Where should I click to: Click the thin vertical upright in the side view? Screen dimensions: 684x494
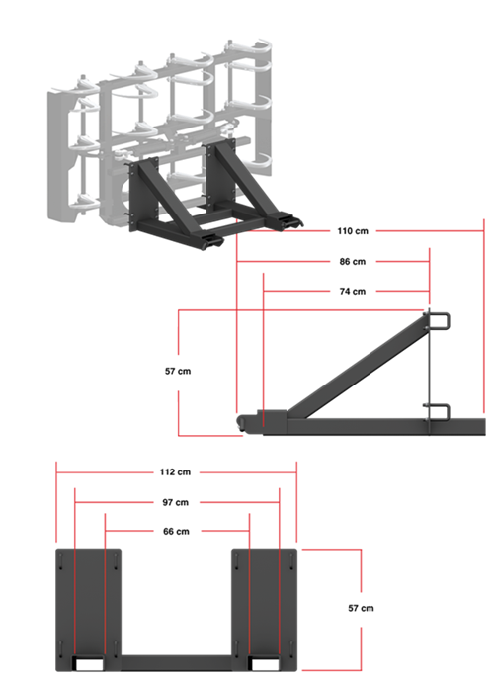429,366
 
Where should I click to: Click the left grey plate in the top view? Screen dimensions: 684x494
89,603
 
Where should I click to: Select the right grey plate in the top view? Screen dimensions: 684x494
264,603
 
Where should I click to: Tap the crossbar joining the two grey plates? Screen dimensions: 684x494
176,661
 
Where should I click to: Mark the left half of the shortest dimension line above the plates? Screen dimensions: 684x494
128,531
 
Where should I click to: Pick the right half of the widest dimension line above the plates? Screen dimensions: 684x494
247,473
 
